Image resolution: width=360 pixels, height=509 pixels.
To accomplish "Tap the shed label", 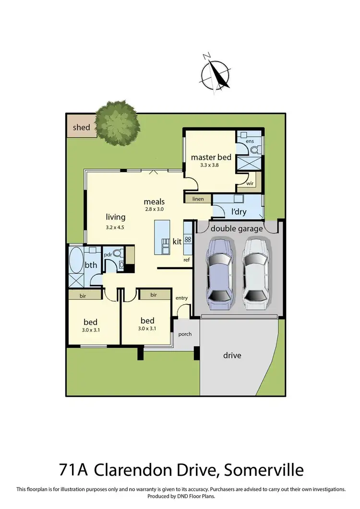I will (81, 128).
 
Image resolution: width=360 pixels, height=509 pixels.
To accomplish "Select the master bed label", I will (211, 157).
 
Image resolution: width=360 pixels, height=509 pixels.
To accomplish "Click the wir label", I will (250, 183).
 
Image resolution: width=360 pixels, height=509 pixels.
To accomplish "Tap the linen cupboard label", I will (198, 199).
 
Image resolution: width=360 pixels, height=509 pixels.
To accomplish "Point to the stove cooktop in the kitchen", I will (188, 239).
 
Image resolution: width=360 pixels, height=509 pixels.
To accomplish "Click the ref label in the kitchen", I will (187, 260).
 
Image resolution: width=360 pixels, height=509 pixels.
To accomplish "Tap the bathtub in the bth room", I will (76, 259).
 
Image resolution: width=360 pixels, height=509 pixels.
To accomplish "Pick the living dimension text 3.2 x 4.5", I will (115, 227).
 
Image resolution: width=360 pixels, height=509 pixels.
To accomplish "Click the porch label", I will (185, 334).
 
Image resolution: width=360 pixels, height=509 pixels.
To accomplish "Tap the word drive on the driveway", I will (232, 355).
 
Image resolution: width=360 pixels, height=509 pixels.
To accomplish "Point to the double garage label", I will (237, 229).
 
